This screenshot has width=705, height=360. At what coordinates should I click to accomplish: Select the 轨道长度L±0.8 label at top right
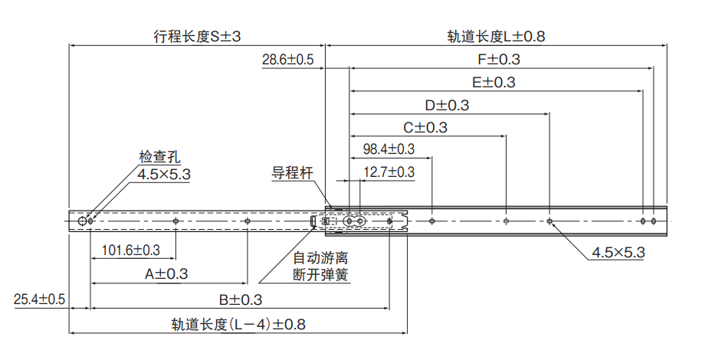pos(496,36)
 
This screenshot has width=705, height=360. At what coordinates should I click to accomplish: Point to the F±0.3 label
pos(498,60)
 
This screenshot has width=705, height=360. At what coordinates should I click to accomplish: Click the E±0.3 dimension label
pos(493,83)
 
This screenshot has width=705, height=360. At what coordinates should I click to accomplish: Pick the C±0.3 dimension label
pos(425,127)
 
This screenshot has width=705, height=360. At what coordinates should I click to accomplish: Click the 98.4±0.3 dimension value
pos(389,149)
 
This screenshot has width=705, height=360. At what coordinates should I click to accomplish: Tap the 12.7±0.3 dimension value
pos(389,172)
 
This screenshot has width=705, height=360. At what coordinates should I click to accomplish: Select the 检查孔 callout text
pos(159,158)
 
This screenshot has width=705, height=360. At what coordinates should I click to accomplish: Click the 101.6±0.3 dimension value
pos(130,250)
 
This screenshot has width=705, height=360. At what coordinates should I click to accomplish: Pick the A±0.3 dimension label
pos(166,273)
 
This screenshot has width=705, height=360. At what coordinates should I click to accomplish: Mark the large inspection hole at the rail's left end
pos(82,221)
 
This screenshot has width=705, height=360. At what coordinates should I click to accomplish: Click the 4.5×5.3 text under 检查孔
pos(163,175)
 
